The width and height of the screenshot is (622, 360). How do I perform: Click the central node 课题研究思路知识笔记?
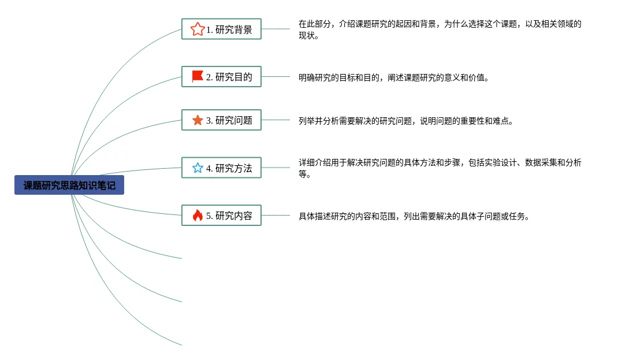69,185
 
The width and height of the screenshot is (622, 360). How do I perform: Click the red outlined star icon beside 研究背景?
198,29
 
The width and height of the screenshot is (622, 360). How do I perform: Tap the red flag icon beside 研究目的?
198,76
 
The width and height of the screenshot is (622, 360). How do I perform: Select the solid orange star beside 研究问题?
198,120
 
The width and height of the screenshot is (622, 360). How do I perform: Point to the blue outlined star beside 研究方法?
198,168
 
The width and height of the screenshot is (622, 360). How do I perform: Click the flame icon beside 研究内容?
198,216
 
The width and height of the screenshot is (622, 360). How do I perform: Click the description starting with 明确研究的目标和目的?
393,77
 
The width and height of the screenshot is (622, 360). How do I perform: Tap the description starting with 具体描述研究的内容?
414,217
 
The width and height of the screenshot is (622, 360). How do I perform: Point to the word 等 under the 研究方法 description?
303,174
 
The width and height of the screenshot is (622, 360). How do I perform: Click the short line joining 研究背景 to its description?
275,29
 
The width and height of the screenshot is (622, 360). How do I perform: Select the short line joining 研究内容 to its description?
275,216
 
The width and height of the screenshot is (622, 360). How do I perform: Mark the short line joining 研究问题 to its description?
275,120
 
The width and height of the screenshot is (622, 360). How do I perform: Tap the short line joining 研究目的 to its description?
275,76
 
